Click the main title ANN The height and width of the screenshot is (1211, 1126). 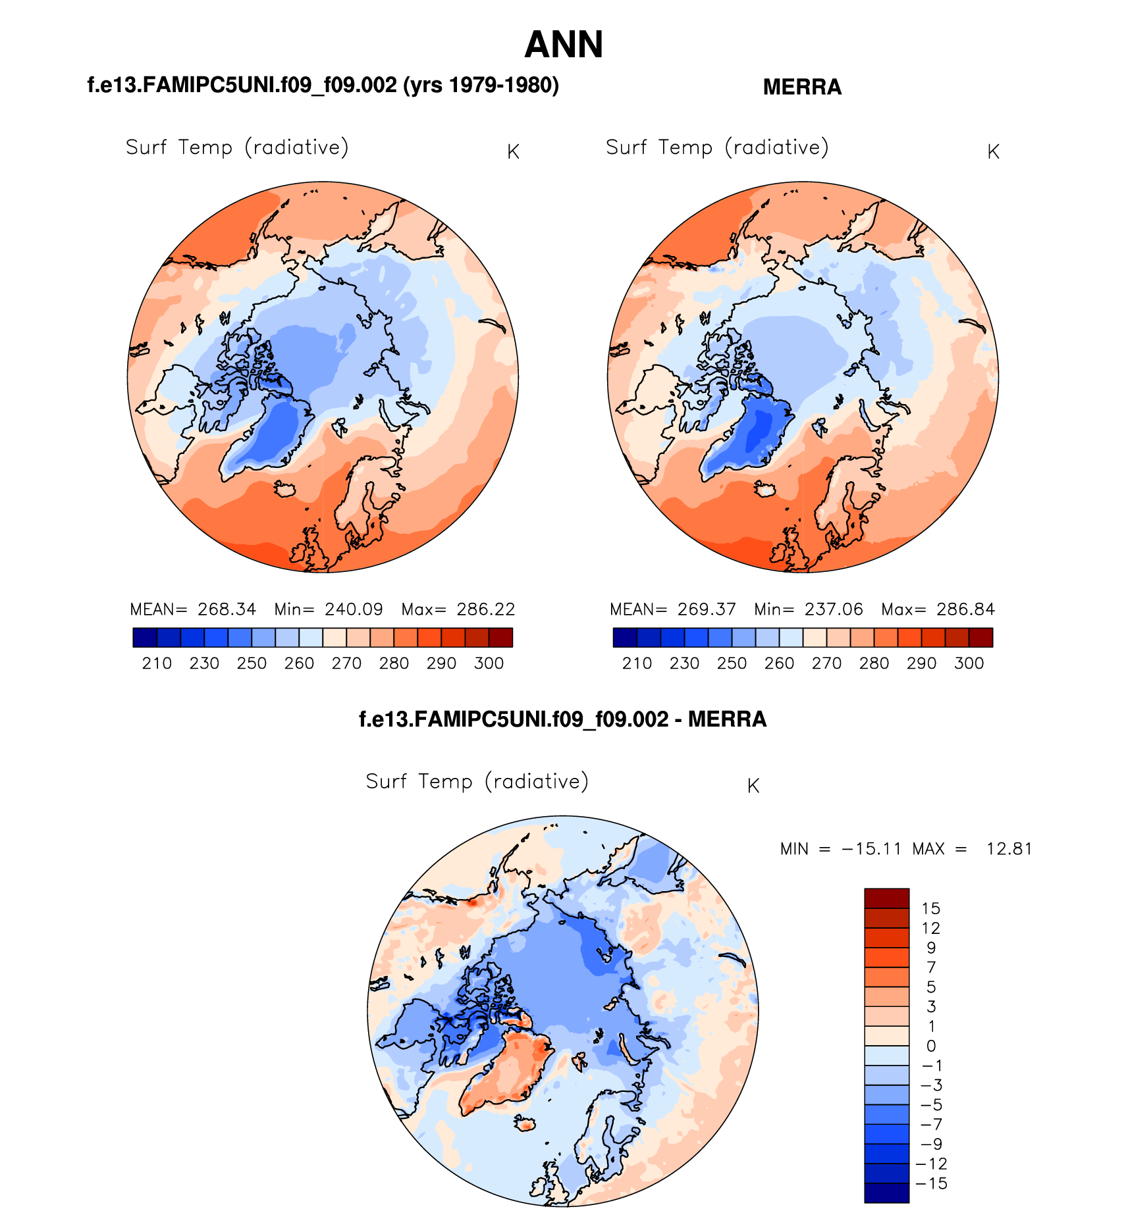coord(564,45)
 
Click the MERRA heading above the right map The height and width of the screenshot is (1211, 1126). coord(802,87)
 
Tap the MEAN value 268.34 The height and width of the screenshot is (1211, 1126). coord(227,609)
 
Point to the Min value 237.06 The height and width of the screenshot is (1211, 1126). coord(834,609)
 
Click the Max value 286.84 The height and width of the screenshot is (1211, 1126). coord(965,609)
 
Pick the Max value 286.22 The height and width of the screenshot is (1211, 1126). coord(486,609)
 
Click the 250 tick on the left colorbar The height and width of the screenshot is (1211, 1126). coord(252,663)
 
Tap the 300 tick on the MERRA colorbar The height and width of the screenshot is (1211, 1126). coord(969,663)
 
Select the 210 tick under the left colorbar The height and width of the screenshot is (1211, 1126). coord(157,663)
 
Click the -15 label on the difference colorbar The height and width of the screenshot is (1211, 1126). coord(931,1183)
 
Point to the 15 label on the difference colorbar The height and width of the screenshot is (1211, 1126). coord(931,909)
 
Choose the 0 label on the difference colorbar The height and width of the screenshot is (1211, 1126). coord(931,1046)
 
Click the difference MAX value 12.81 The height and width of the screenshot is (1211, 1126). coord(1009,849)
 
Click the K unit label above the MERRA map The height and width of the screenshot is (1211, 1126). coord(994,152)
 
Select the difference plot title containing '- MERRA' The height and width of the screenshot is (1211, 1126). coord(563,719)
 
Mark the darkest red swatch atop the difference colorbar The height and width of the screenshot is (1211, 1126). coord(886,898)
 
